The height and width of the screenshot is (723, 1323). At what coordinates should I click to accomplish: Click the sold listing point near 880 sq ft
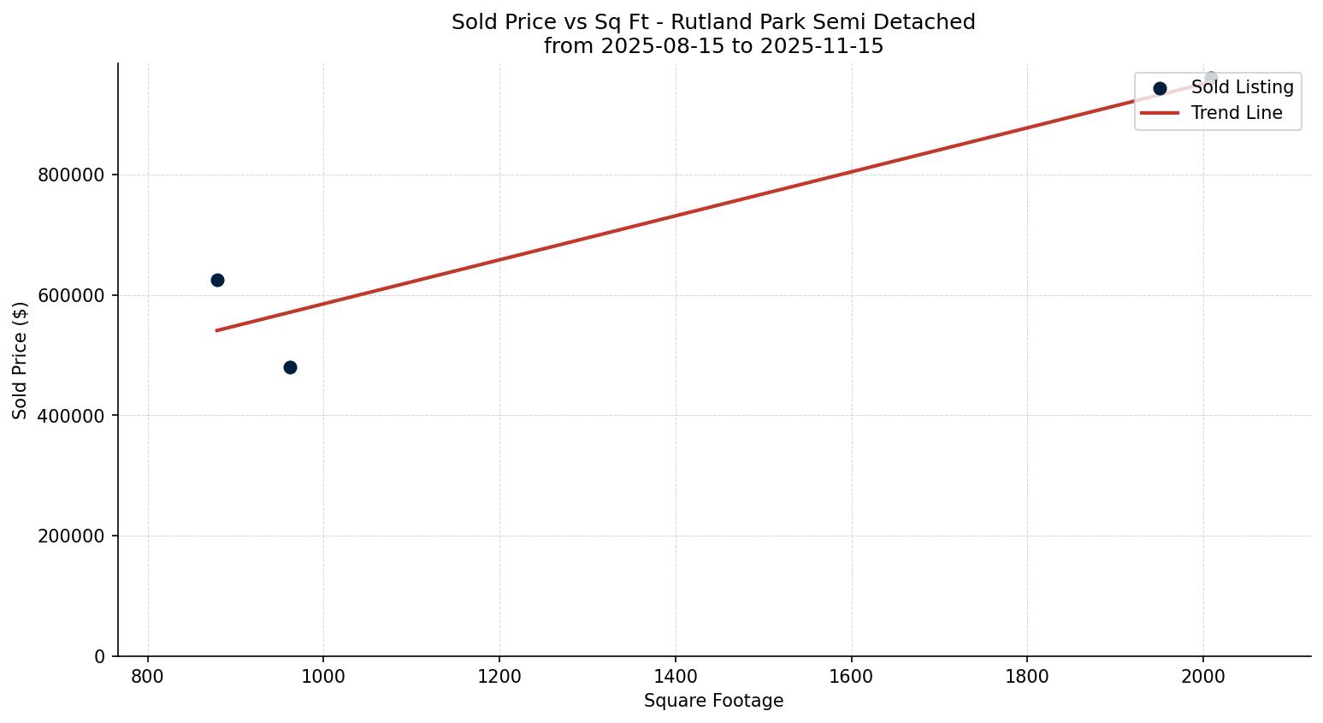tap(217, 280)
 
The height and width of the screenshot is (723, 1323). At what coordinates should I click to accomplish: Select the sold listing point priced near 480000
tap(290, 367)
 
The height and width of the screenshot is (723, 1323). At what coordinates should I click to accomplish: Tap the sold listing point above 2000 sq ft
tap(1211, 78)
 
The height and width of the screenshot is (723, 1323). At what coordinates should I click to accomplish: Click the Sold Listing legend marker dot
tap(1160, 88)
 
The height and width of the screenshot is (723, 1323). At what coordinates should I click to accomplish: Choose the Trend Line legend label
tap(1237, 113)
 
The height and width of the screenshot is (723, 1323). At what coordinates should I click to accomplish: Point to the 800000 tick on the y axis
tap(71, 175)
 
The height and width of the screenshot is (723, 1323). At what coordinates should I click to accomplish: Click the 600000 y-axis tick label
tap(71, 296)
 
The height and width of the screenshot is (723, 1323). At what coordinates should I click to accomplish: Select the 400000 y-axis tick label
tap(71, 416)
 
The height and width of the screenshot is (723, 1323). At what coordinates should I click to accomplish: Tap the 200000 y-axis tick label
tap(71, 536)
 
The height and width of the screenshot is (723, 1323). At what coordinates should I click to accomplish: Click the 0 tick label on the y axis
tap(100, 657)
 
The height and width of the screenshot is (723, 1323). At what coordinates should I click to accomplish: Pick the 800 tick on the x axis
tap(148, 676)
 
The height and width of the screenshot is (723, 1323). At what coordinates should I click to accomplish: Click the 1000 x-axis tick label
tap(323, 676)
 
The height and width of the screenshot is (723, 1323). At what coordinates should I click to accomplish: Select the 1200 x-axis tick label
tap(499, 676)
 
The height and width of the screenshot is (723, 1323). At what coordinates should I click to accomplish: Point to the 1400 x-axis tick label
tap(676, 676)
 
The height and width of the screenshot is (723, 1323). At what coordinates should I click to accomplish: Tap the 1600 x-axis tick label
tap(852, 676)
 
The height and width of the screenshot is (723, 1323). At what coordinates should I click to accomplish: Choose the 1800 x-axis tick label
tap(1027, 676)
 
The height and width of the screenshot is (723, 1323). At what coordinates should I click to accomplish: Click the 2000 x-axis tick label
tap(1203, 676)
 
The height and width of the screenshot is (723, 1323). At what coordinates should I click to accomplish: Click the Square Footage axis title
tap(713, 702)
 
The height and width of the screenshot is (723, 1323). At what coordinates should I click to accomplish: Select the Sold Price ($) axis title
tap(21, 360)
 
